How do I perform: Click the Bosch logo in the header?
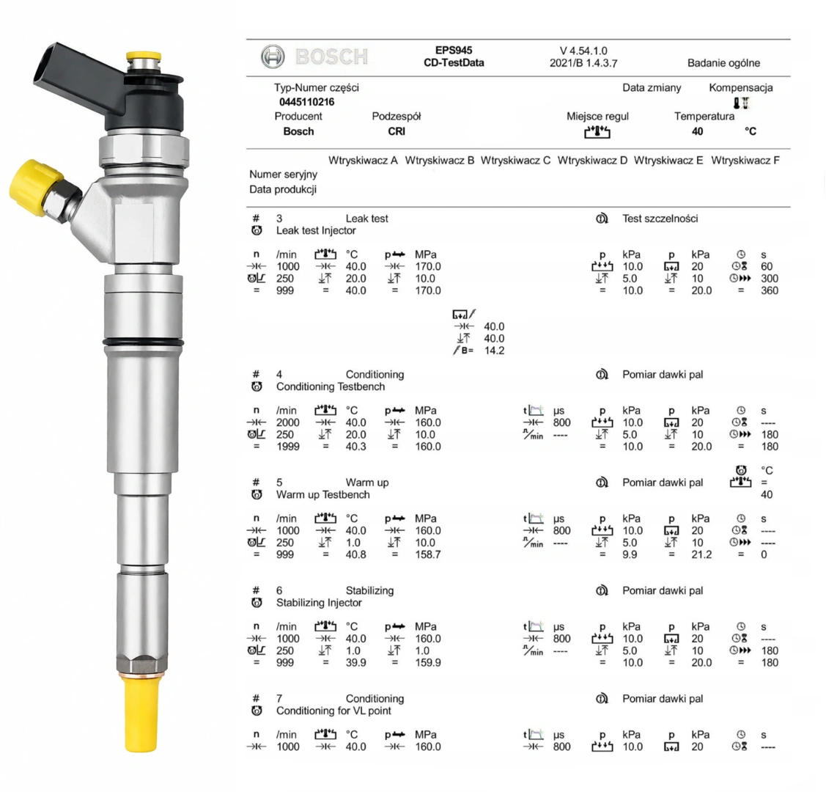pos(314,56)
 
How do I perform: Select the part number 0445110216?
pos(306,102)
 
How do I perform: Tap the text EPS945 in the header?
pos(454,51)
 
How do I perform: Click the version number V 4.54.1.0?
pos(583,51)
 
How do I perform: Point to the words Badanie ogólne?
pos(723,63)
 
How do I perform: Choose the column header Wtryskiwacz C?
pos(515,160)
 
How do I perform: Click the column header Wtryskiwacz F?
pos(745,160)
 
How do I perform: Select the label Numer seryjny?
pos(284,175)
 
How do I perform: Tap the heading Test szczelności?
pos(660,219)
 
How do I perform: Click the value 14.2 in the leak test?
pos(494,351)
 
